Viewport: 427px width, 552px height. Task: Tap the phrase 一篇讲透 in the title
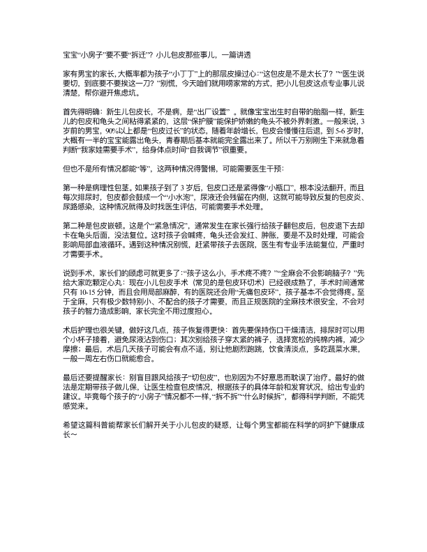pos(233,54)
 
